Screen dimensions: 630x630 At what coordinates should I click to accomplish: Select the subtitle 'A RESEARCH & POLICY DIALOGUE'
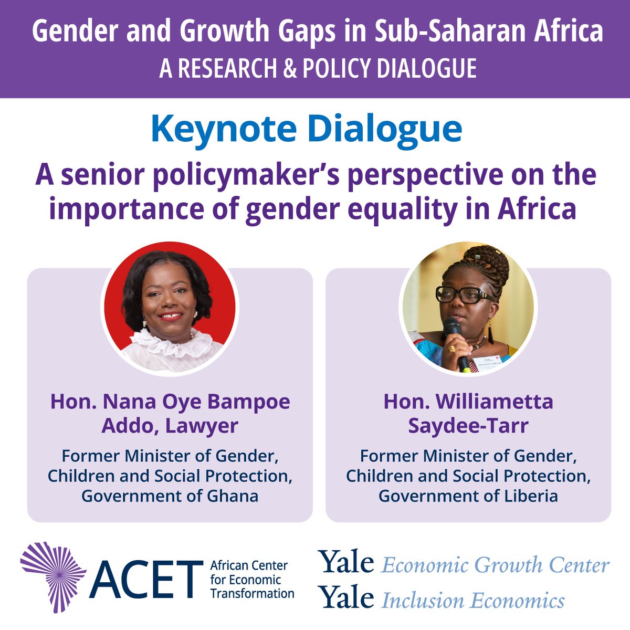(318, 69)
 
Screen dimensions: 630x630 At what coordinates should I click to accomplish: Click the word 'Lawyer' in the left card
(202, 426)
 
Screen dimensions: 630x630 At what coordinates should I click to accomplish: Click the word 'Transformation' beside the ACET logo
(251, 593)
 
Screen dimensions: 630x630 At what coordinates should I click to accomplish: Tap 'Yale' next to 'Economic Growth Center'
(346, 564)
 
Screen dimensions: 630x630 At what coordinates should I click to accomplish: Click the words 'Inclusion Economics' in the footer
(473, 601)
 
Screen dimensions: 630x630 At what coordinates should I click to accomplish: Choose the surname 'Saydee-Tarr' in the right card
(468, 426)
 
